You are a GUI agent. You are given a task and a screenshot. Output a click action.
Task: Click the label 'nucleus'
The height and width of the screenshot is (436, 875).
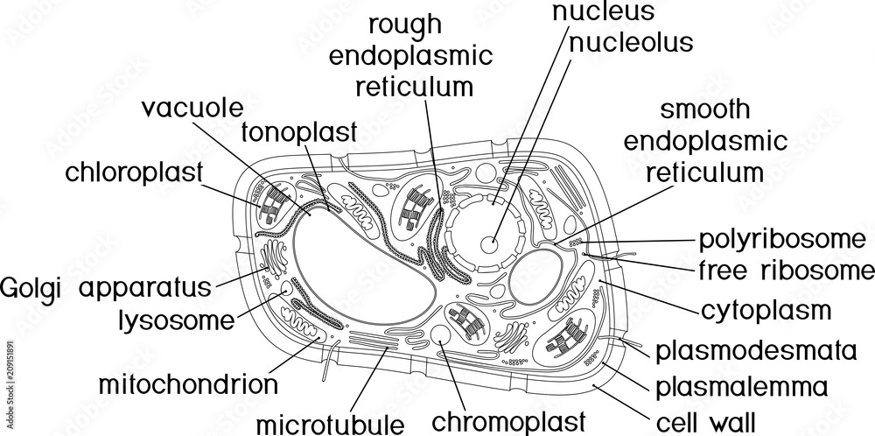(602, 12)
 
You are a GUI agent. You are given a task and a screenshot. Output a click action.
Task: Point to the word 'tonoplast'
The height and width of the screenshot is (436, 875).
(298, 132)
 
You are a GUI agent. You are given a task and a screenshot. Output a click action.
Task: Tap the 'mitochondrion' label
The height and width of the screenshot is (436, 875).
(188, 383)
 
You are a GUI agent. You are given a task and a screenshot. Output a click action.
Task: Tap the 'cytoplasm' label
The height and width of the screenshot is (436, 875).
(766, 310)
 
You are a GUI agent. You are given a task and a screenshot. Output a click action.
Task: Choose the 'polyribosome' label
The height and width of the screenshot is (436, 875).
(780, 238)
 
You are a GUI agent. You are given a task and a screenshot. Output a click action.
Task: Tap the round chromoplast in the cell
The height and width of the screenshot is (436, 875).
(442, 336)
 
